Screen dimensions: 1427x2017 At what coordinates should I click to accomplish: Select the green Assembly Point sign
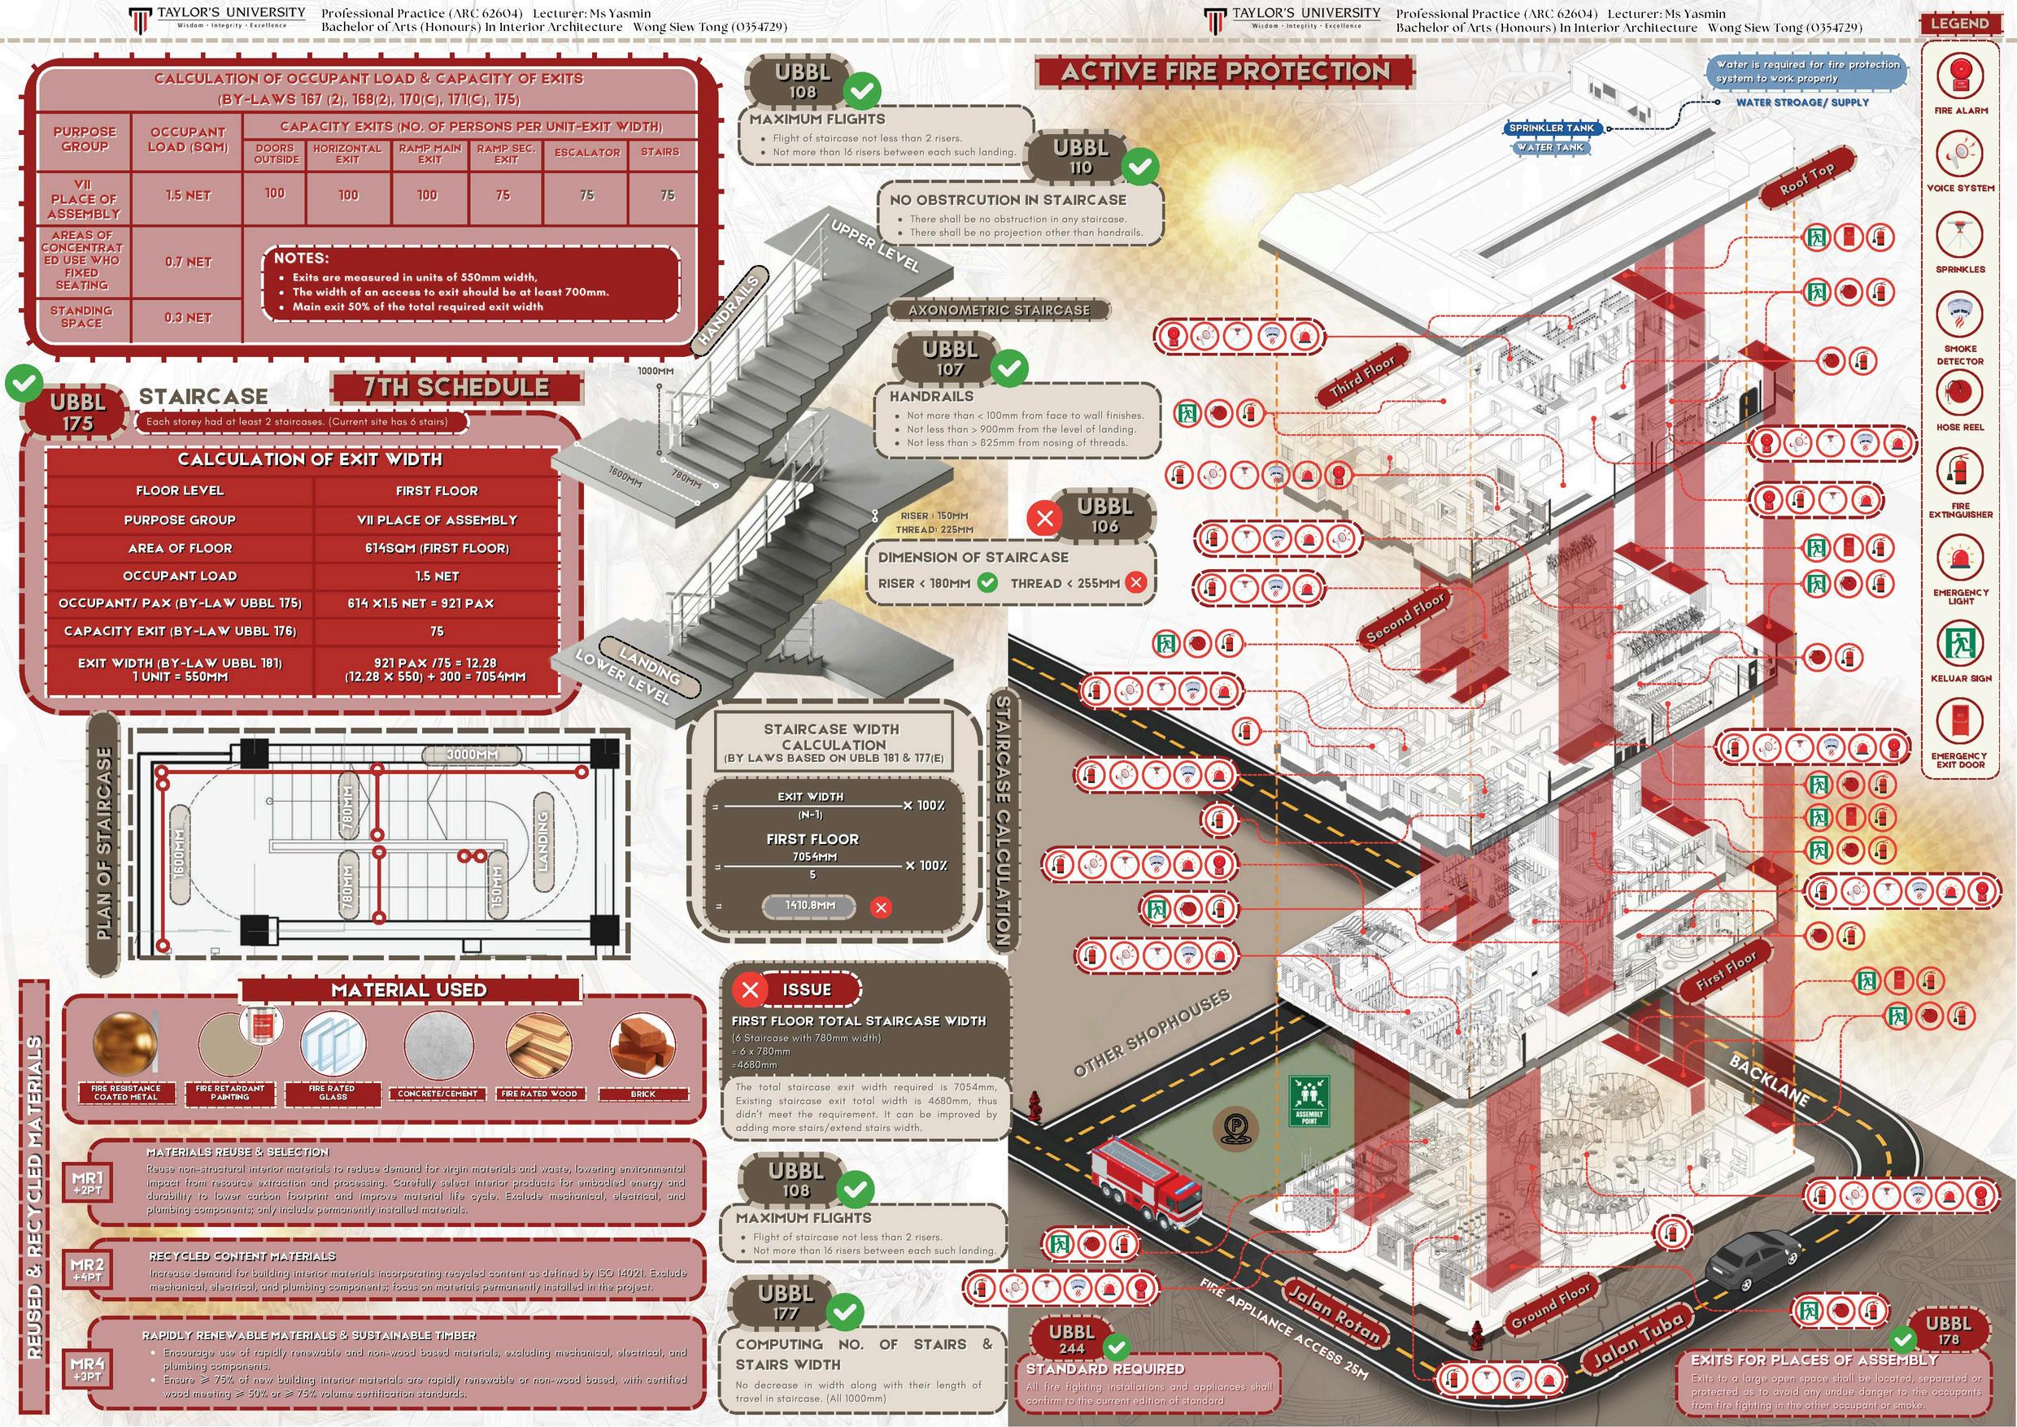click(x=1309, y=1103)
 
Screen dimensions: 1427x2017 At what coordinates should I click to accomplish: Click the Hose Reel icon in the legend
click(x=1959, y=394)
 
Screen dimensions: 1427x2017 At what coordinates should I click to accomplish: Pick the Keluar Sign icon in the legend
click(x=1959, y=642)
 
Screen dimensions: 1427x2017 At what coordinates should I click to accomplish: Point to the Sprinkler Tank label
click(x=1551, y=128)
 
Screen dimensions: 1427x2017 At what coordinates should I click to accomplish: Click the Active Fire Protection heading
click(x=1225, y=72)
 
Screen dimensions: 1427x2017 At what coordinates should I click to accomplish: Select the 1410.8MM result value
click(x=808, y=904)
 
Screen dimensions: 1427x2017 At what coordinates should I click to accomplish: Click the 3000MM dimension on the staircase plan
click(x=472, y=755)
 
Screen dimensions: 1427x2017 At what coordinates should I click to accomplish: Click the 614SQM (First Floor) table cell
click(x=437, y=548)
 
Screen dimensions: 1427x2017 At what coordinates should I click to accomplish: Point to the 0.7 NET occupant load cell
click(x=188, y=262)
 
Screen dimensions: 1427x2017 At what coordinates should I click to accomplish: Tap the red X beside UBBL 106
click(x=1044, y=519)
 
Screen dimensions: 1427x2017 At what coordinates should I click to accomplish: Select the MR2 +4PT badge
click(x=88, y=1268)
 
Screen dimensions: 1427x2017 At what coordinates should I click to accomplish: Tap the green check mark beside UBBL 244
click(x=1116, y=1347)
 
